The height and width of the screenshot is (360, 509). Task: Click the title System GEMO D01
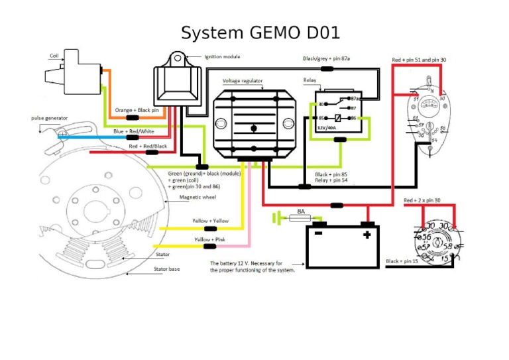pyautogui.click(x=260, y=32)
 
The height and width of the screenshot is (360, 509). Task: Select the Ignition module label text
pyautogui.click(x=222, y=57)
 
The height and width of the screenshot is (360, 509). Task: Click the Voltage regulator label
pyautogui.click(x=243, y=80)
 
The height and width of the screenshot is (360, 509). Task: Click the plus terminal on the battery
pyautogui.click(x=366, y=234)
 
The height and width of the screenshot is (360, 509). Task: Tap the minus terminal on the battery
pyautogui.click(x=317, y=234)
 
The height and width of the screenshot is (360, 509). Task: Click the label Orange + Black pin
pyautogui.click(x=137, y=110)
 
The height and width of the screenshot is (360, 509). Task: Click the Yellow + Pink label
pyautogui.click(x=211, y=239)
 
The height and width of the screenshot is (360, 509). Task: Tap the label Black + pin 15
pyautogui.click(x=402, y=261)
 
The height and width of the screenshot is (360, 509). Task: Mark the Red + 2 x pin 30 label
pyautogui.click(x=422, y=200)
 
